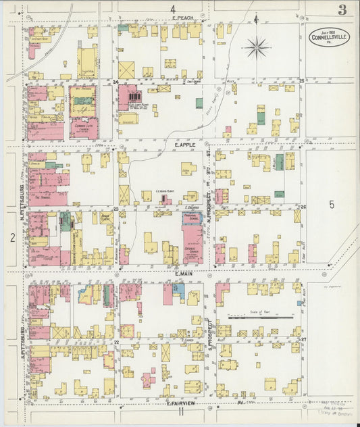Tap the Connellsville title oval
tap(330, 36)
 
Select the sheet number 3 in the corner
tap(342, 9)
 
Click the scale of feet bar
tap(260, 316)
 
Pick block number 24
tap(116, 82)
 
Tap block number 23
tap(116, 209)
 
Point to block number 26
tap(303, 207)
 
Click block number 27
tap(303, 338)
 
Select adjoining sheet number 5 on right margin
tap(332, 203)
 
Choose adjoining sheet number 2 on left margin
tap(12, 237)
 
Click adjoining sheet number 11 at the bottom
tap(181, 410)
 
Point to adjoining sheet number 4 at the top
tap(173, 8)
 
